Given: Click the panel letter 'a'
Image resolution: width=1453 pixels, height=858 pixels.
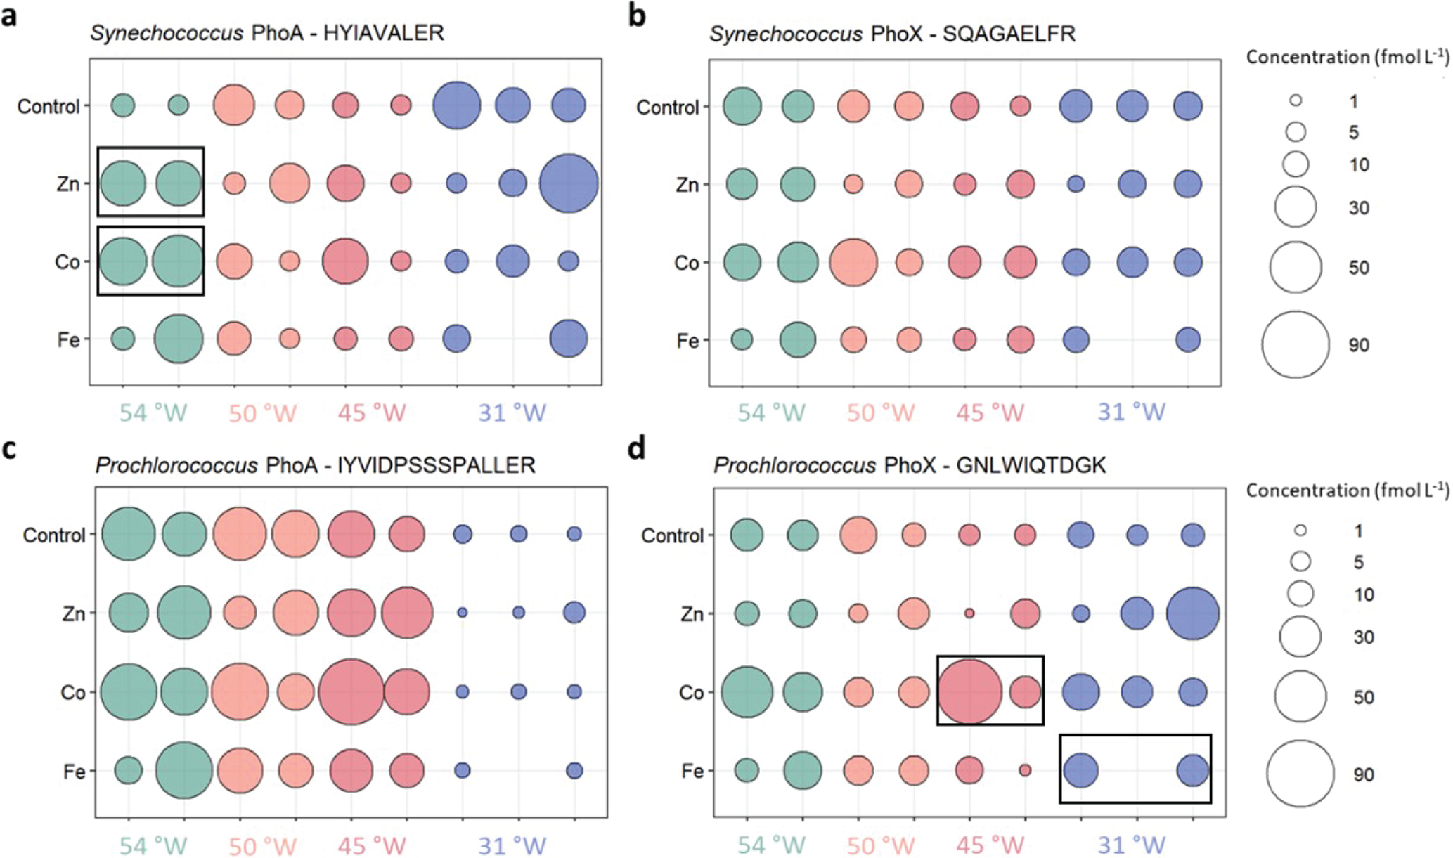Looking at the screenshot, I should click(x=9, y=15).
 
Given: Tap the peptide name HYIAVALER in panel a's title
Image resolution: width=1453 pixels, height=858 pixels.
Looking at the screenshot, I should click(x=384, y=33).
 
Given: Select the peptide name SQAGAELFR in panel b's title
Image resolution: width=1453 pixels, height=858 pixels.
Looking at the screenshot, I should click(x=1009, y=34).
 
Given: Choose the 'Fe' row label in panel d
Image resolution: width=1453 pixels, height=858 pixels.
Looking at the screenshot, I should click(x=692, y=772).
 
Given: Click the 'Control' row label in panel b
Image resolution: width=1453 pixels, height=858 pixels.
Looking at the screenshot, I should click(x=667, y=108).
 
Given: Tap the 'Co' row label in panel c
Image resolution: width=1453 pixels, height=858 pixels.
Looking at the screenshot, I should click(x=72, y=693).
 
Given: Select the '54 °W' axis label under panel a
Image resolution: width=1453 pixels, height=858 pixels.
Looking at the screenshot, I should click(x=153, y=413).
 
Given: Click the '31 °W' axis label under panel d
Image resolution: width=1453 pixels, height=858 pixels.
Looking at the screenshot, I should click(x=1131, y=845).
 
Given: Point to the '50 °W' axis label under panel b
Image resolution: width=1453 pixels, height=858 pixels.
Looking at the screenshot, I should click(x=880, y=413).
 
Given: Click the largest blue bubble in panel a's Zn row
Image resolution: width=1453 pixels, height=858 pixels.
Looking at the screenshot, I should click(x=569, y=183).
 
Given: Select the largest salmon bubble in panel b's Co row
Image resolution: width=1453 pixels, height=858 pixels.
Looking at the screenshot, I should click(x=853, y=263).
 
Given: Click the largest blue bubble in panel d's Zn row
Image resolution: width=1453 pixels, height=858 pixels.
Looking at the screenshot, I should click(x=1193, y=613).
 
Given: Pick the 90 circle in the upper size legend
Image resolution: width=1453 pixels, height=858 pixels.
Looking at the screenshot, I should click(x=1295, y=345).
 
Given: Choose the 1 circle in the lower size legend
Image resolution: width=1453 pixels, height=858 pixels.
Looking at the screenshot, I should click(x=1300, y=531).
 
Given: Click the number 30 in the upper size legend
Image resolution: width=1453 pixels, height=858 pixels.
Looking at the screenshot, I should click(x=1359, y=208).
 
